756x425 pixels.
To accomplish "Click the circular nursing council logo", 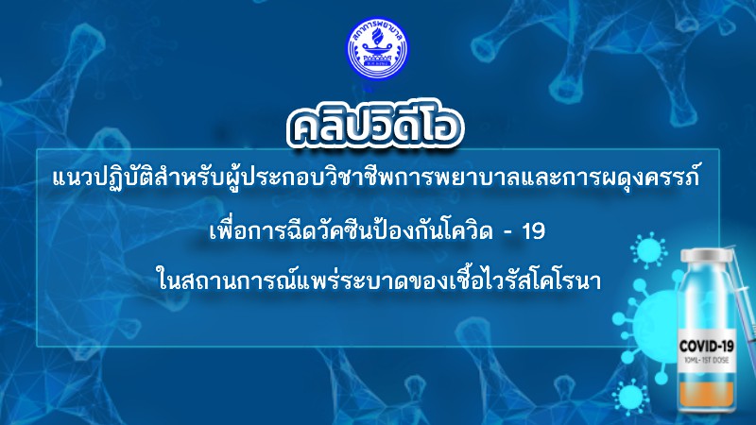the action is click(x=377, y=49).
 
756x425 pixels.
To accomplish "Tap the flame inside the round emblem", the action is click(x=377, y=36).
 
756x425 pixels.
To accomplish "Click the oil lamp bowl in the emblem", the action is click(x=377, y=50).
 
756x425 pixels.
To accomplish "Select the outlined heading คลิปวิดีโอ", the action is click(x=374, y=128).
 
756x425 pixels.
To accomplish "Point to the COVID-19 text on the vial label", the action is click(x=706, y=346).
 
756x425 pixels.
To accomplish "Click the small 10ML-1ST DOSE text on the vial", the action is click(x=706, y=361).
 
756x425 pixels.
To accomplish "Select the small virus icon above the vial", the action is click(x=649, y=250).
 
